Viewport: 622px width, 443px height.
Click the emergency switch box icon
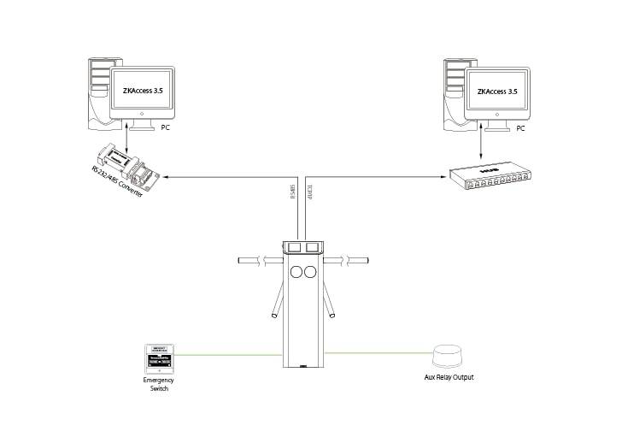tap(161, 358)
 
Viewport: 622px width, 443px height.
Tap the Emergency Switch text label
tap(161, 384)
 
